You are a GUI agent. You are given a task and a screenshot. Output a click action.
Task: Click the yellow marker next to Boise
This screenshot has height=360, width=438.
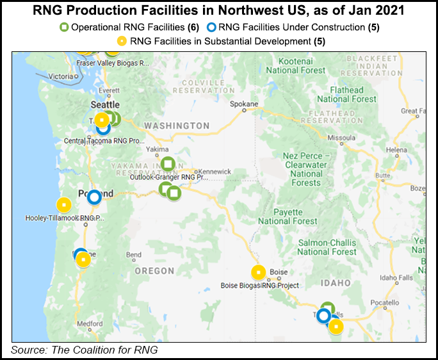[258, 272]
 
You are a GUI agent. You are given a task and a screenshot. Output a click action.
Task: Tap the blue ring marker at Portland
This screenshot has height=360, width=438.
[94, 197]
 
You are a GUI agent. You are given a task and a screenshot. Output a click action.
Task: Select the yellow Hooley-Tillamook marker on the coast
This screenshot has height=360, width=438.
[63, 205]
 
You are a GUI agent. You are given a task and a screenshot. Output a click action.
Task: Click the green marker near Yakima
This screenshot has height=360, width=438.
[167, 163]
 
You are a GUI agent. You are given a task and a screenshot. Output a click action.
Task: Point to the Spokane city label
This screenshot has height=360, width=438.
[244, 104]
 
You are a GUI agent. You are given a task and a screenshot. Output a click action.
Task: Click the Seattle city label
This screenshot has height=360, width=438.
[104, 104]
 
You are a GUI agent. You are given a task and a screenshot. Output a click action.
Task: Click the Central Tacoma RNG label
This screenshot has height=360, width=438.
[104, 140]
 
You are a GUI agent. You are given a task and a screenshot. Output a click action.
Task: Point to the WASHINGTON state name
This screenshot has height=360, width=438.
[177, 126]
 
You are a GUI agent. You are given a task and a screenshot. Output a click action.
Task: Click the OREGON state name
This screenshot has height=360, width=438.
[155, 271]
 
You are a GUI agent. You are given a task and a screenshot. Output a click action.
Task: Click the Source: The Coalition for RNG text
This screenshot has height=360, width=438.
[84, 350]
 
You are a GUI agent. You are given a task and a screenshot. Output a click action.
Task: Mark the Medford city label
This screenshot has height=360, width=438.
[89, 323]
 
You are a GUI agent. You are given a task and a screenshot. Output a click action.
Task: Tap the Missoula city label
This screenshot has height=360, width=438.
[341, 137]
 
